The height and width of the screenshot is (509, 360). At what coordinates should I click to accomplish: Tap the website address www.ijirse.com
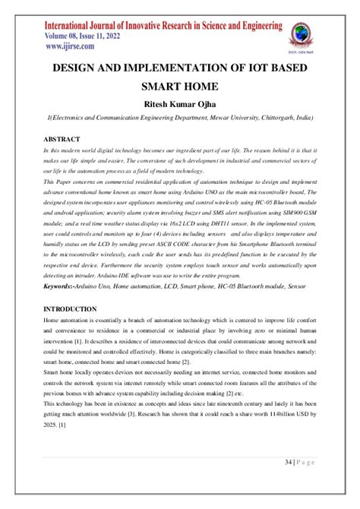(58, 46)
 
